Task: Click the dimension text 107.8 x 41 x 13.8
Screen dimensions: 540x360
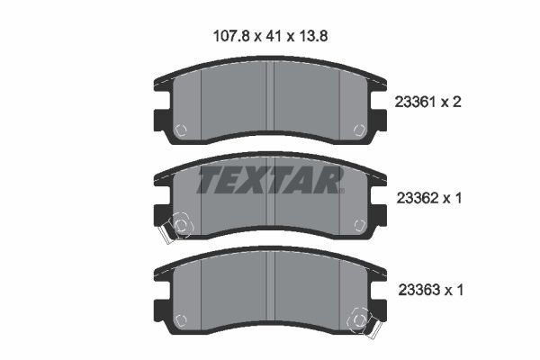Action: pos(270,36)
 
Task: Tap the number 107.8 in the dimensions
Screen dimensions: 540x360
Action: pos(231,36)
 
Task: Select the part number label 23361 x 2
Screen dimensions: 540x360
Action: pos(427,102)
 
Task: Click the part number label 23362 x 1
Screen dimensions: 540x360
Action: pos(429,198)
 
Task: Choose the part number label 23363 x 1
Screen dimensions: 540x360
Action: pos(431,290)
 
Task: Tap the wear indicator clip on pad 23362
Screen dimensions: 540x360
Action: pos(175,228)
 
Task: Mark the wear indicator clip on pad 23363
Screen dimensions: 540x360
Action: pos(364,323)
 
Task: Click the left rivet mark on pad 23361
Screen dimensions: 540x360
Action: pos(181,130)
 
